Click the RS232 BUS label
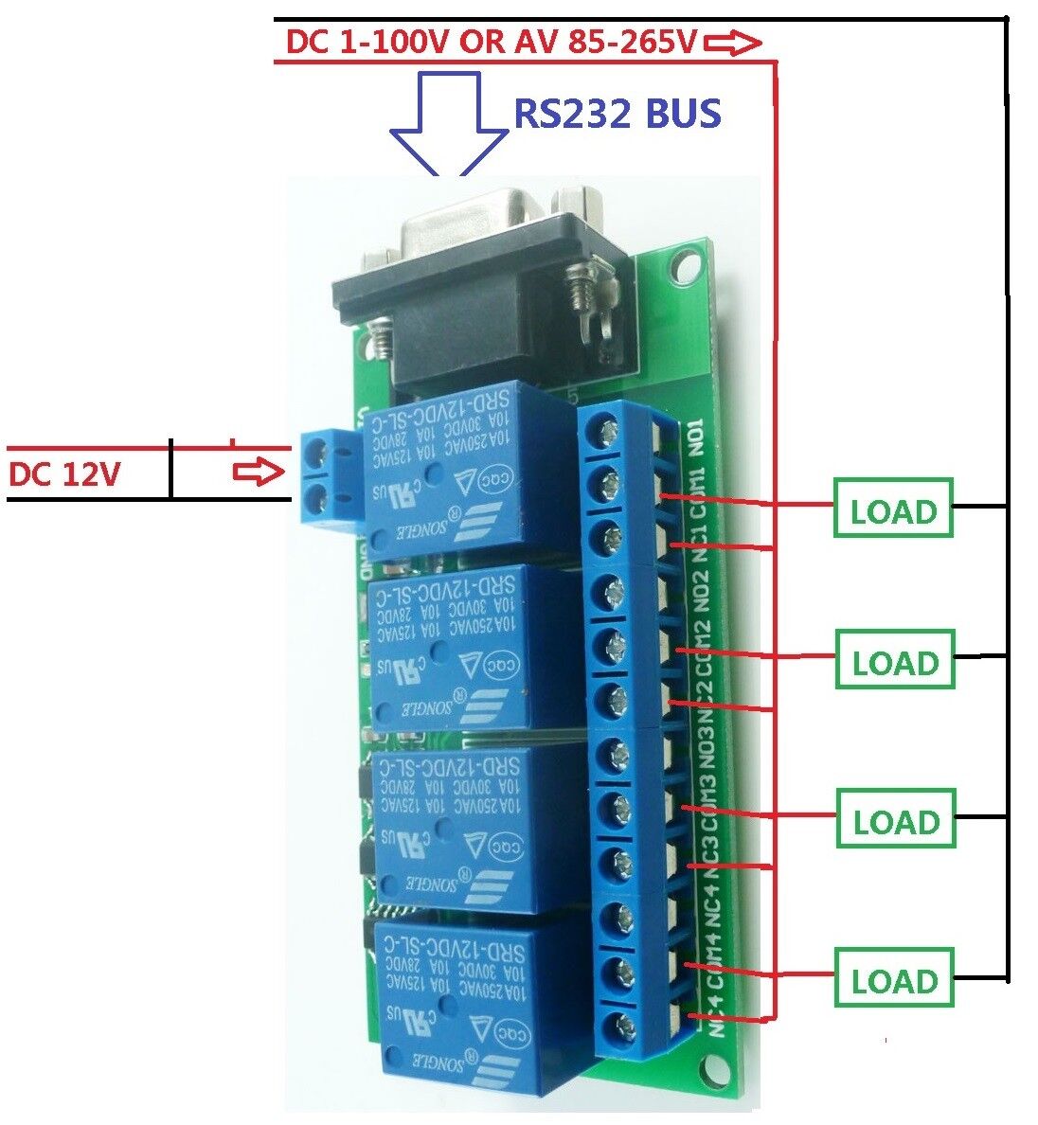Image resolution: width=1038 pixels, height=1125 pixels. click(x=617, y=114)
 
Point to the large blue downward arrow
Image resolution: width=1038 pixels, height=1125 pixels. click(x=449, y=124)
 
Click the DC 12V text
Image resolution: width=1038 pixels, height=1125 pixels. click(x=64, y=473)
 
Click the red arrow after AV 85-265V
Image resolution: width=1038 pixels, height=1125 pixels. click(x=732, y=42)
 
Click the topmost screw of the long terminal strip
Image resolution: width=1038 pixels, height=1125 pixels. click(x=606, y=433)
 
